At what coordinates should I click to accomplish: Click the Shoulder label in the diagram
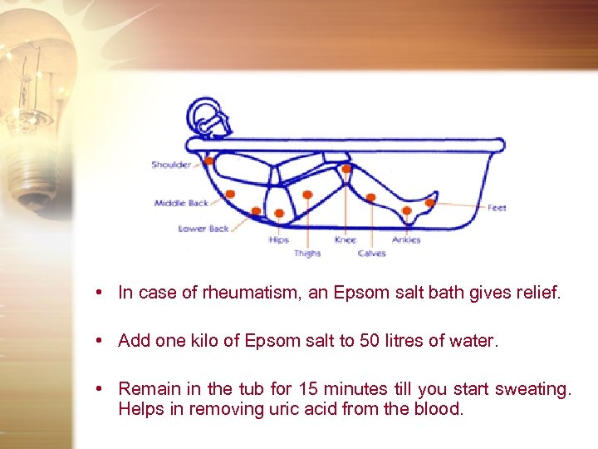171,165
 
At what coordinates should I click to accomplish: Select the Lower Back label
203,229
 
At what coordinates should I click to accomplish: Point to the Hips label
279,240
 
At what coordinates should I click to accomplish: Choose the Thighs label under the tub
307,254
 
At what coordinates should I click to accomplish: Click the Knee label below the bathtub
345,240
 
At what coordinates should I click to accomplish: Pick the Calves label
371,254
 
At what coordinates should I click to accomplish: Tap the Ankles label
406,240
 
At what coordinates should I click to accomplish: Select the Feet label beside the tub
497,208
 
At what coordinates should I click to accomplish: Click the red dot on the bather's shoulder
209,160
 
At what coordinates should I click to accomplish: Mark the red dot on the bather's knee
346,168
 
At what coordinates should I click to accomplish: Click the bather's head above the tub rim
205,116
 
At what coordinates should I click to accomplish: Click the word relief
541,293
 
